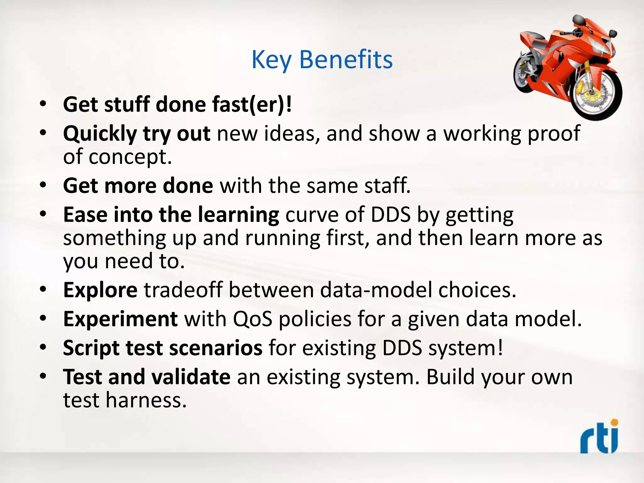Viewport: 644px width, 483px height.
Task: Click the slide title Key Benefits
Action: click(x=322, y=60)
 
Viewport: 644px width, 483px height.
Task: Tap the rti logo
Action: click(x=599, y=436)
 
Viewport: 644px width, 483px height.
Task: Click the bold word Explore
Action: click(x=100, y=290)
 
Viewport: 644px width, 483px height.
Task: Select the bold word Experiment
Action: click(x=120, y=319)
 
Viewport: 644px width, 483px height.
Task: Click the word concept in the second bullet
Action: click(x=130, y=157)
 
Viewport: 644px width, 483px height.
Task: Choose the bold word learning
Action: click(x=238, y=215)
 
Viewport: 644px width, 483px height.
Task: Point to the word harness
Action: click(x=146, y=400)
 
